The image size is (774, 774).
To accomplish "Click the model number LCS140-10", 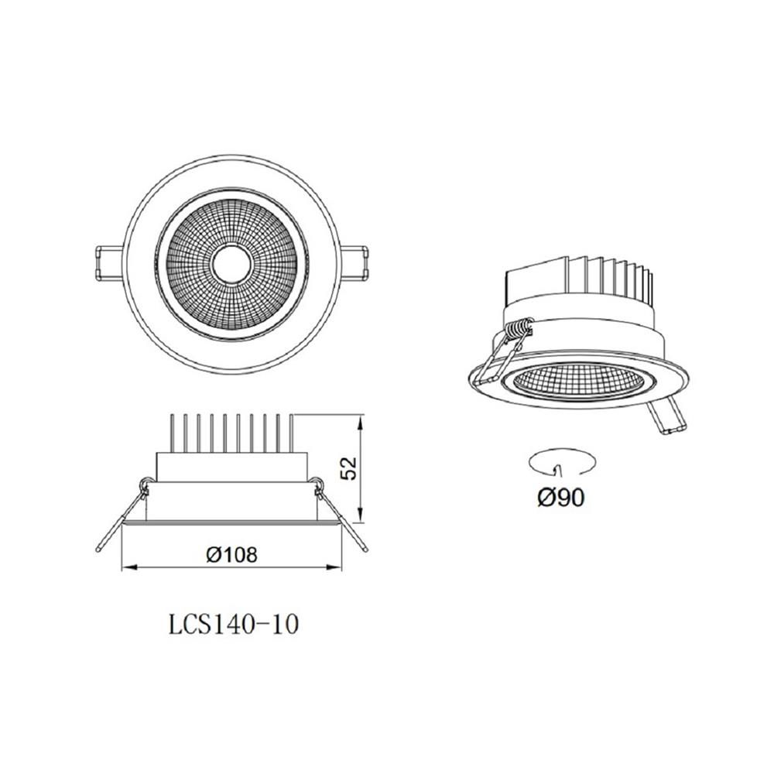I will pyautogui.click(x=233, y=624).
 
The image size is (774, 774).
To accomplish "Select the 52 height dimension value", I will pyautogui.click(x=349, y=467).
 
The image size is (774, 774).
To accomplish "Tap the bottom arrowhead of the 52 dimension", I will pyautogui.click(x=361, y=516).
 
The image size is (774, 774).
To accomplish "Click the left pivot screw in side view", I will pyautogui.click(x=145, y=485).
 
